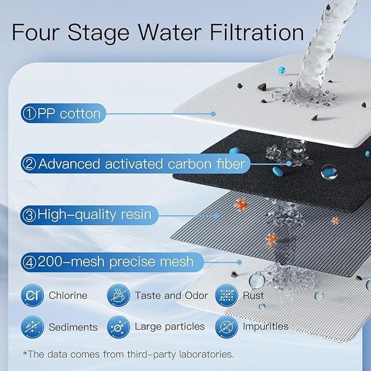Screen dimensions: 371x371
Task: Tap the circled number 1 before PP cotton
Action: tap(28, 114)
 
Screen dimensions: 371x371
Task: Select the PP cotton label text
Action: tap(69, 114)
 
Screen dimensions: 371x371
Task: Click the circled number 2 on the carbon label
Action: tap(29, 163)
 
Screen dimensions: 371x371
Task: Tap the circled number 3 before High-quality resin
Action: tap(29, 215)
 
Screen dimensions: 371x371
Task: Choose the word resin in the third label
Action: tap(132, 215)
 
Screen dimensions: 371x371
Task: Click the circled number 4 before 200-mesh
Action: tap(29, 262)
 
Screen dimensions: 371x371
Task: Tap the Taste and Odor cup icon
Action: tap(117, 296)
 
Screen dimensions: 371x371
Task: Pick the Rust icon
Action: tap(226, 296)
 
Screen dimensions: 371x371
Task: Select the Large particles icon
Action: tap(117, 327)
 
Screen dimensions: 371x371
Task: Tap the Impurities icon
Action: tap(226, 327)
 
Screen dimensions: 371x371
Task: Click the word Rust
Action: tap(254, 296)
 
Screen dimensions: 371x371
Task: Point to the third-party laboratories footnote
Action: tap(128, 354)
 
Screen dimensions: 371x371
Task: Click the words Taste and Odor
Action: tap(171, 296)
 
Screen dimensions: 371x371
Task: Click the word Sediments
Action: tap(73, 327)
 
